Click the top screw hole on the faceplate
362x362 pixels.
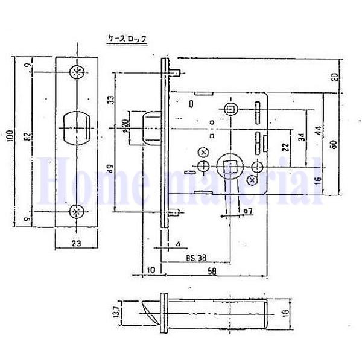pyautogui.click(x=77, y=72)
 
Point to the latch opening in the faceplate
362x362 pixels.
pyautogui.click(x=77, y=129)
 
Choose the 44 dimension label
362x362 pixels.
pyautogui.click(x=317, y=131)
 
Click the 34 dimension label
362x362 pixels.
pyautogui.click(x=301, y=138)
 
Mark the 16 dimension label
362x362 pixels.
pyautogui.click(x=317, y=179)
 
